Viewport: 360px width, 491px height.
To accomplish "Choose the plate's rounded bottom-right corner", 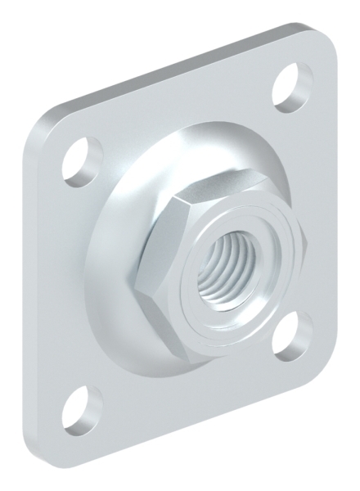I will click(x=327, y=360).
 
